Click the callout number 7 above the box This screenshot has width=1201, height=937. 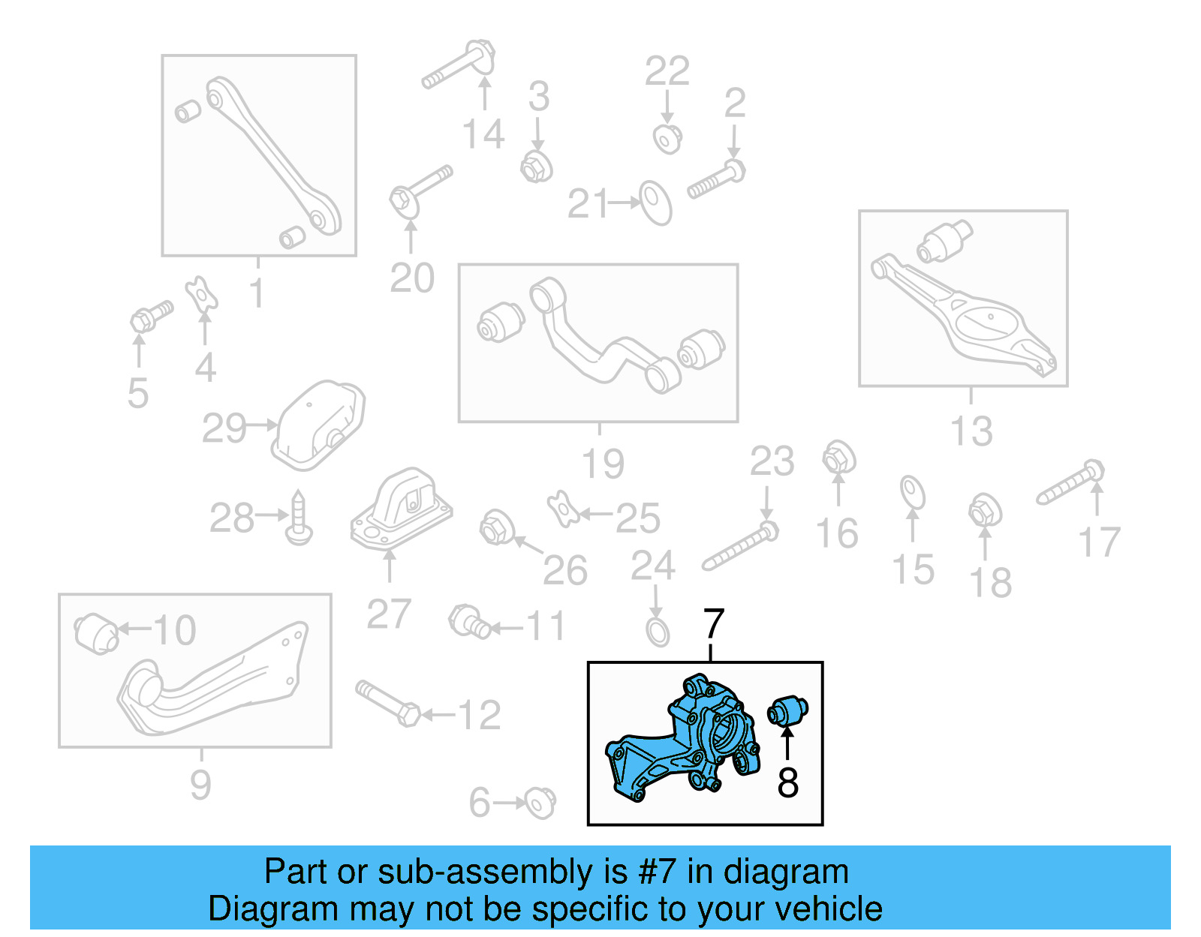point(713,624)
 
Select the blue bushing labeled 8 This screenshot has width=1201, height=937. point(787,710)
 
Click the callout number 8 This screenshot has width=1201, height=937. point(787,782)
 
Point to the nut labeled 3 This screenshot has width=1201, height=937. point(536,166)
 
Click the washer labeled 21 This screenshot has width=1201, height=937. point(655,203)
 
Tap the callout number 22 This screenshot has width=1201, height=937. point(667,72)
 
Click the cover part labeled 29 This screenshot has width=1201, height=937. point(319,425)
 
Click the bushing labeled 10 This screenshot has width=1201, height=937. point(95,633)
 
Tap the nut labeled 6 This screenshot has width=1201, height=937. point(540,803)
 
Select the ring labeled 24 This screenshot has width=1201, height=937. point(658,632)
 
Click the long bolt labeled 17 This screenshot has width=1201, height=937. point(1070,484)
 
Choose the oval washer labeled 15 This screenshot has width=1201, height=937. point(912,492)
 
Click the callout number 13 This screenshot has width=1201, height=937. point(971,431)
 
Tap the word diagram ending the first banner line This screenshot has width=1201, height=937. point(786,872)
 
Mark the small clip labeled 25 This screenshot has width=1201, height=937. point(562,509)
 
